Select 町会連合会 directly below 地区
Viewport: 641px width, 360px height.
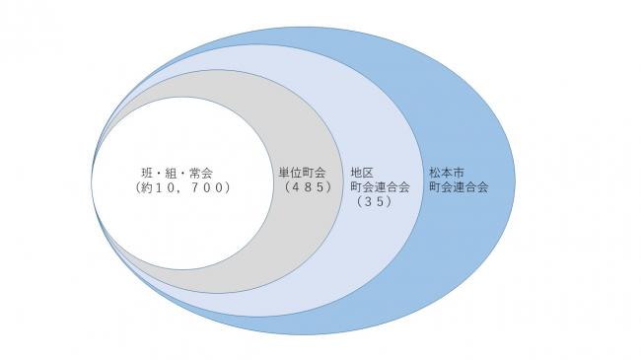pos(380,187)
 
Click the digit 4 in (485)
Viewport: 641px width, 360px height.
pos(293,187)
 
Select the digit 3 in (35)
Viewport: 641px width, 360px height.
pos(372,202)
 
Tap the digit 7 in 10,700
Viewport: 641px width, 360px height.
pos(201,187)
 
